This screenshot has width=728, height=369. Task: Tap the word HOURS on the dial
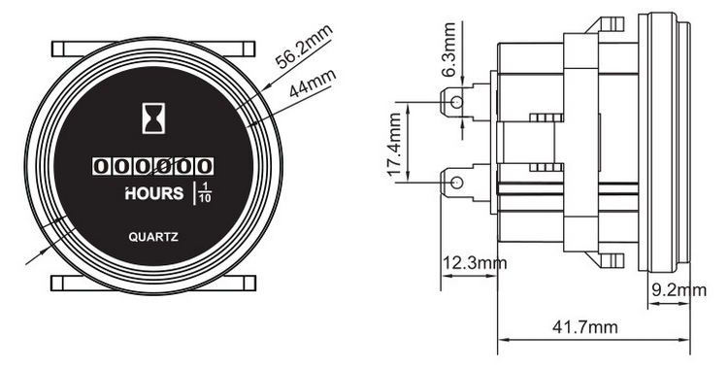tap(154, 193)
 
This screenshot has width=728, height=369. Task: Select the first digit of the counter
tap(100, 167)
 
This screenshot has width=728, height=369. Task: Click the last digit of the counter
tap(206, 167)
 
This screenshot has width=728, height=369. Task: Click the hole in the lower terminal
tap(453, 182)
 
